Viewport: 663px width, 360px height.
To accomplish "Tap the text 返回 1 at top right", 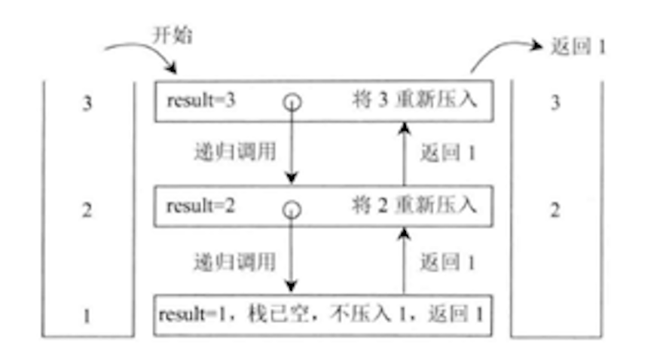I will coord(578,46).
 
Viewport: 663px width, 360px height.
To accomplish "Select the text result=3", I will coord(200,100).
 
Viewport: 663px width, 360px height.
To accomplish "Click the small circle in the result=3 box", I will coord(292,102).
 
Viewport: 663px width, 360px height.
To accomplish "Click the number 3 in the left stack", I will coord(88,103).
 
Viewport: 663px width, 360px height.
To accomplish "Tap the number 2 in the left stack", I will coord(88,209).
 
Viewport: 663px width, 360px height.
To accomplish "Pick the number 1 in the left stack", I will coord(88,315).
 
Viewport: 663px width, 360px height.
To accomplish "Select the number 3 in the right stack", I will coord(555,103).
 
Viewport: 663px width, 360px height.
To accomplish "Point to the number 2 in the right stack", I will coord(555,209).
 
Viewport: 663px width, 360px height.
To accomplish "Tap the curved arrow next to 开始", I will coord(139,53).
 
